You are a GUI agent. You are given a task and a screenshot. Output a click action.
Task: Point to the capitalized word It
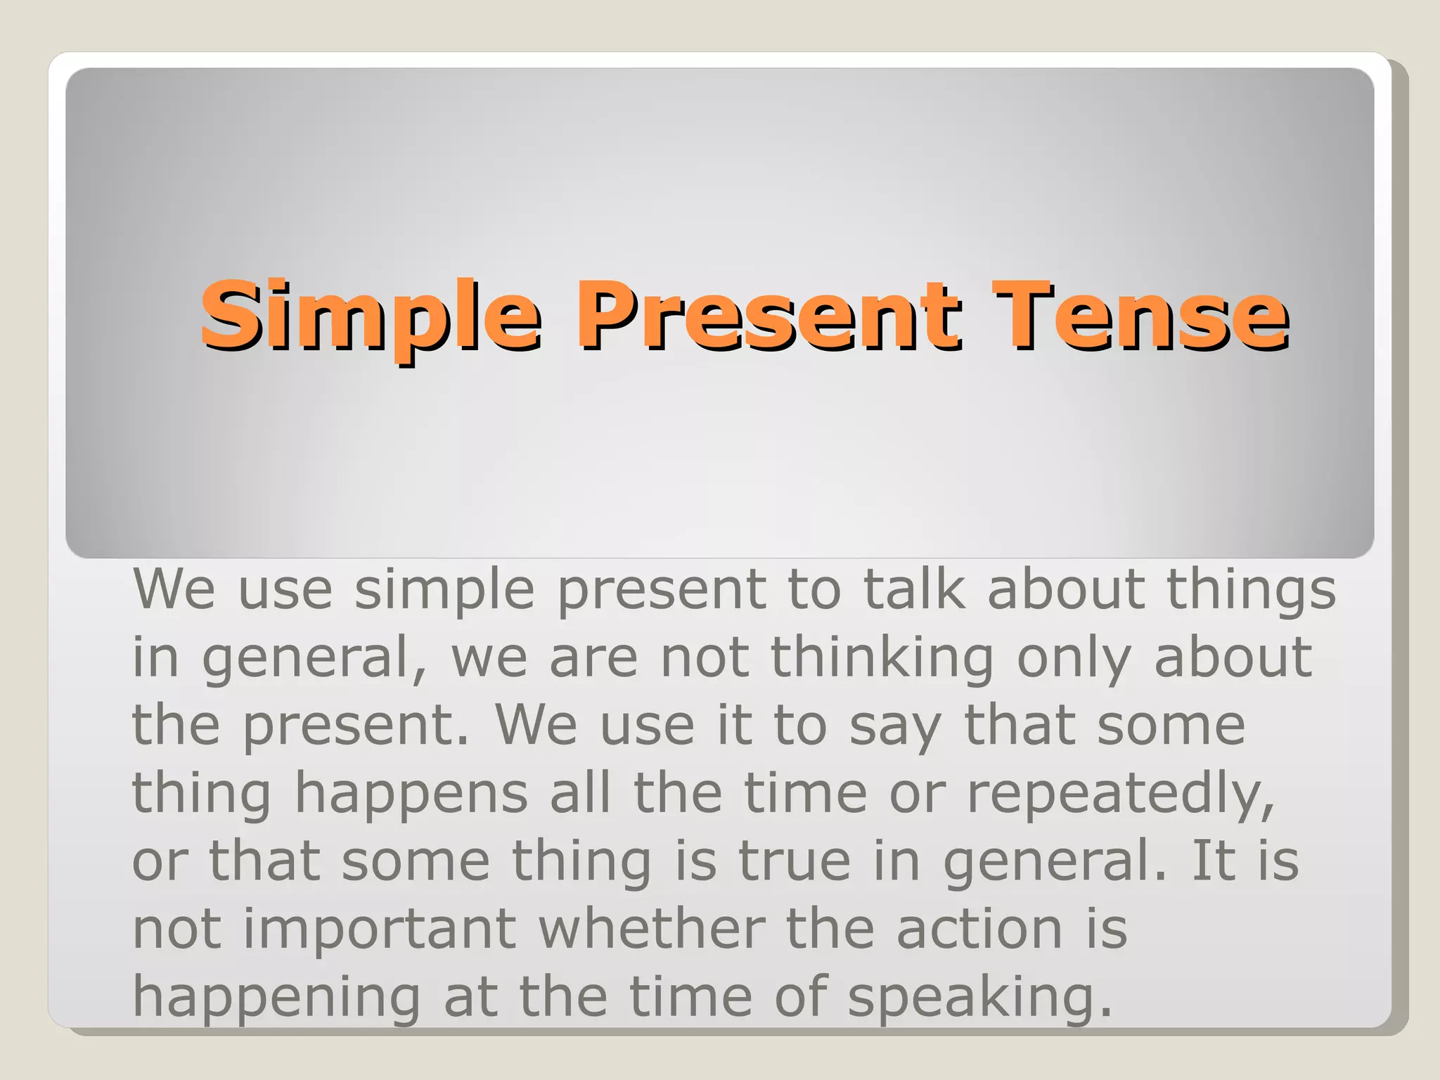click(x=1213, y=861)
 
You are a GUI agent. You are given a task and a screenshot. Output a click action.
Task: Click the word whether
click(x=652, y=928)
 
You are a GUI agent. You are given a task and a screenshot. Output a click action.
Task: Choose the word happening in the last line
click(x=276, y=997)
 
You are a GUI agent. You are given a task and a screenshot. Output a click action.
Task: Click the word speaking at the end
click(x=979, y=997)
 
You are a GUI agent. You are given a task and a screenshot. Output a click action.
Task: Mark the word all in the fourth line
click(x=580, y=793)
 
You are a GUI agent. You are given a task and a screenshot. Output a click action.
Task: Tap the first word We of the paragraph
click(x=174, y=589)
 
